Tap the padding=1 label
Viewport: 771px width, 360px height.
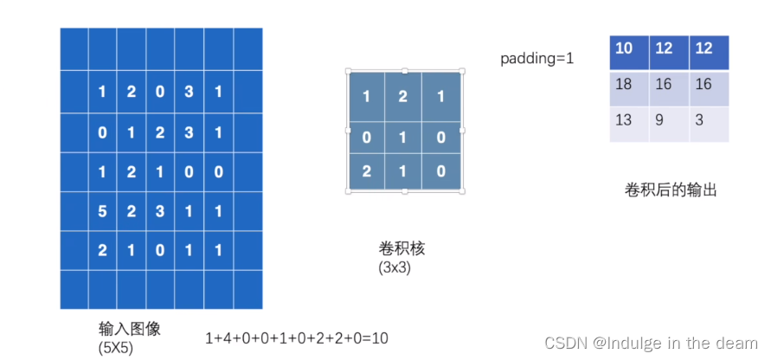coord(536,59)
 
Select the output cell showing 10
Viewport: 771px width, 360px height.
coord(624,48)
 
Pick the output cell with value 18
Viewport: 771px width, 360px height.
coord(624,84)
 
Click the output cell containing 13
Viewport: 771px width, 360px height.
coord(624,119)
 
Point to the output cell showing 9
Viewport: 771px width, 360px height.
coord(662,119)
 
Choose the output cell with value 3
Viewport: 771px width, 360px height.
coord(699,119)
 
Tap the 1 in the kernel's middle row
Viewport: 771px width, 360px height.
coord(402,138)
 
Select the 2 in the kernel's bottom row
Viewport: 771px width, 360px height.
coord(366,171)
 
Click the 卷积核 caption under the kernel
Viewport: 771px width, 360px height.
coord(402,249)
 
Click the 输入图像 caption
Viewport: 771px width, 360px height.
coord(130,330)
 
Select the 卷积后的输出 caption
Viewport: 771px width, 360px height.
coord(670,190)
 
